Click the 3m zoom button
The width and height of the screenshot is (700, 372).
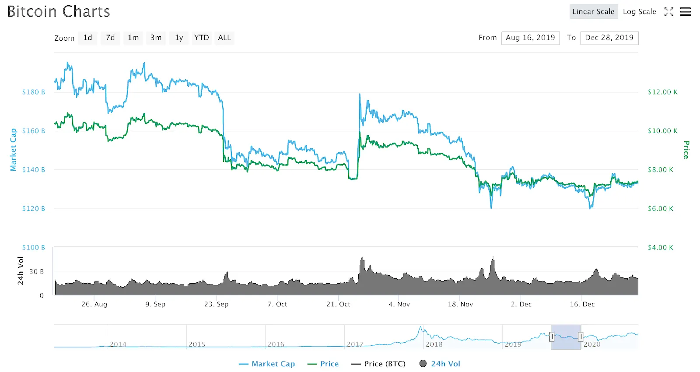[x=156, y=38]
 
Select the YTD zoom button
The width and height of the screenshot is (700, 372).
[x=201, y=38]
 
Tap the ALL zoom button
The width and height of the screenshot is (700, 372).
[x=224, y=38]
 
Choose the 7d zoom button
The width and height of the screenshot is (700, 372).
[x=110, y=38]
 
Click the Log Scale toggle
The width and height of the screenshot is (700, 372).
[x=639, y=12]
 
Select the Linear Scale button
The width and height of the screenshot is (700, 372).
[x=593, y=12]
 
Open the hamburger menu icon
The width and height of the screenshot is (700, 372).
[x=685, y=12]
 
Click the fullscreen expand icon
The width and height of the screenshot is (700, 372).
[x=668, y=12]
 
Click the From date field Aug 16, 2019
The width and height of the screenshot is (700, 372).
[x=530, y=38]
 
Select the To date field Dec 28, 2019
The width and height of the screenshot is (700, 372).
[x=609, y=38]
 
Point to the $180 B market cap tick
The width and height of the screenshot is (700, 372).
[x=34, y=92]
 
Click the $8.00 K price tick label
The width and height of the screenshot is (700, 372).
[x=661, y=170]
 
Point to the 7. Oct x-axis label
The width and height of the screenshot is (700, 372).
[x=277, y=304]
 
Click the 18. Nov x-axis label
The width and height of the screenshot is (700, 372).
[x=460, y=304]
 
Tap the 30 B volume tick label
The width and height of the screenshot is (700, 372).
[x=37, y=272]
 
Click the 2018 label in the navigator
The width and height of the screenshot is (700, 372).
[x=434, y=344]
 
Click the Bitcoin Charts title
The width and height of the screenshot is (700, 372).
[x=59, y=11]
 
